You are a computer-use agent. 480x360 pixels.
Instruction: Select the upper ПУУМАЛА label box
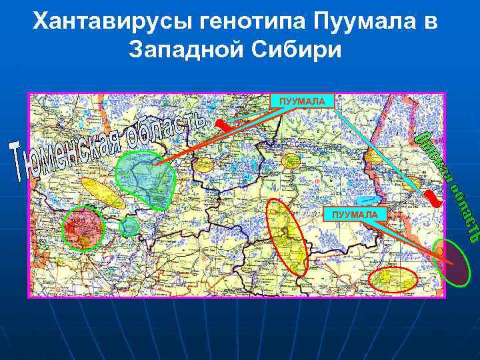[302, 101]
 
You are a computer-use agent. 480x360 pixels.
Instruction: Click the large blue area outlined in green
[145, 177]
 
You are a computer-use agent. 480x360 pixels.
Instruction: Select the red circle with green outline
[84, 227]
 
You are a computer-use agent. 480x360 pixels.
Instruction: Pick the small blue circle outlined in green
[129, 227]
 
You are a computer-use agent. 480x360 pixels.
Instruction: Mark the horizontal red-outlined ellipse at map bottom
[393, 279]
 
